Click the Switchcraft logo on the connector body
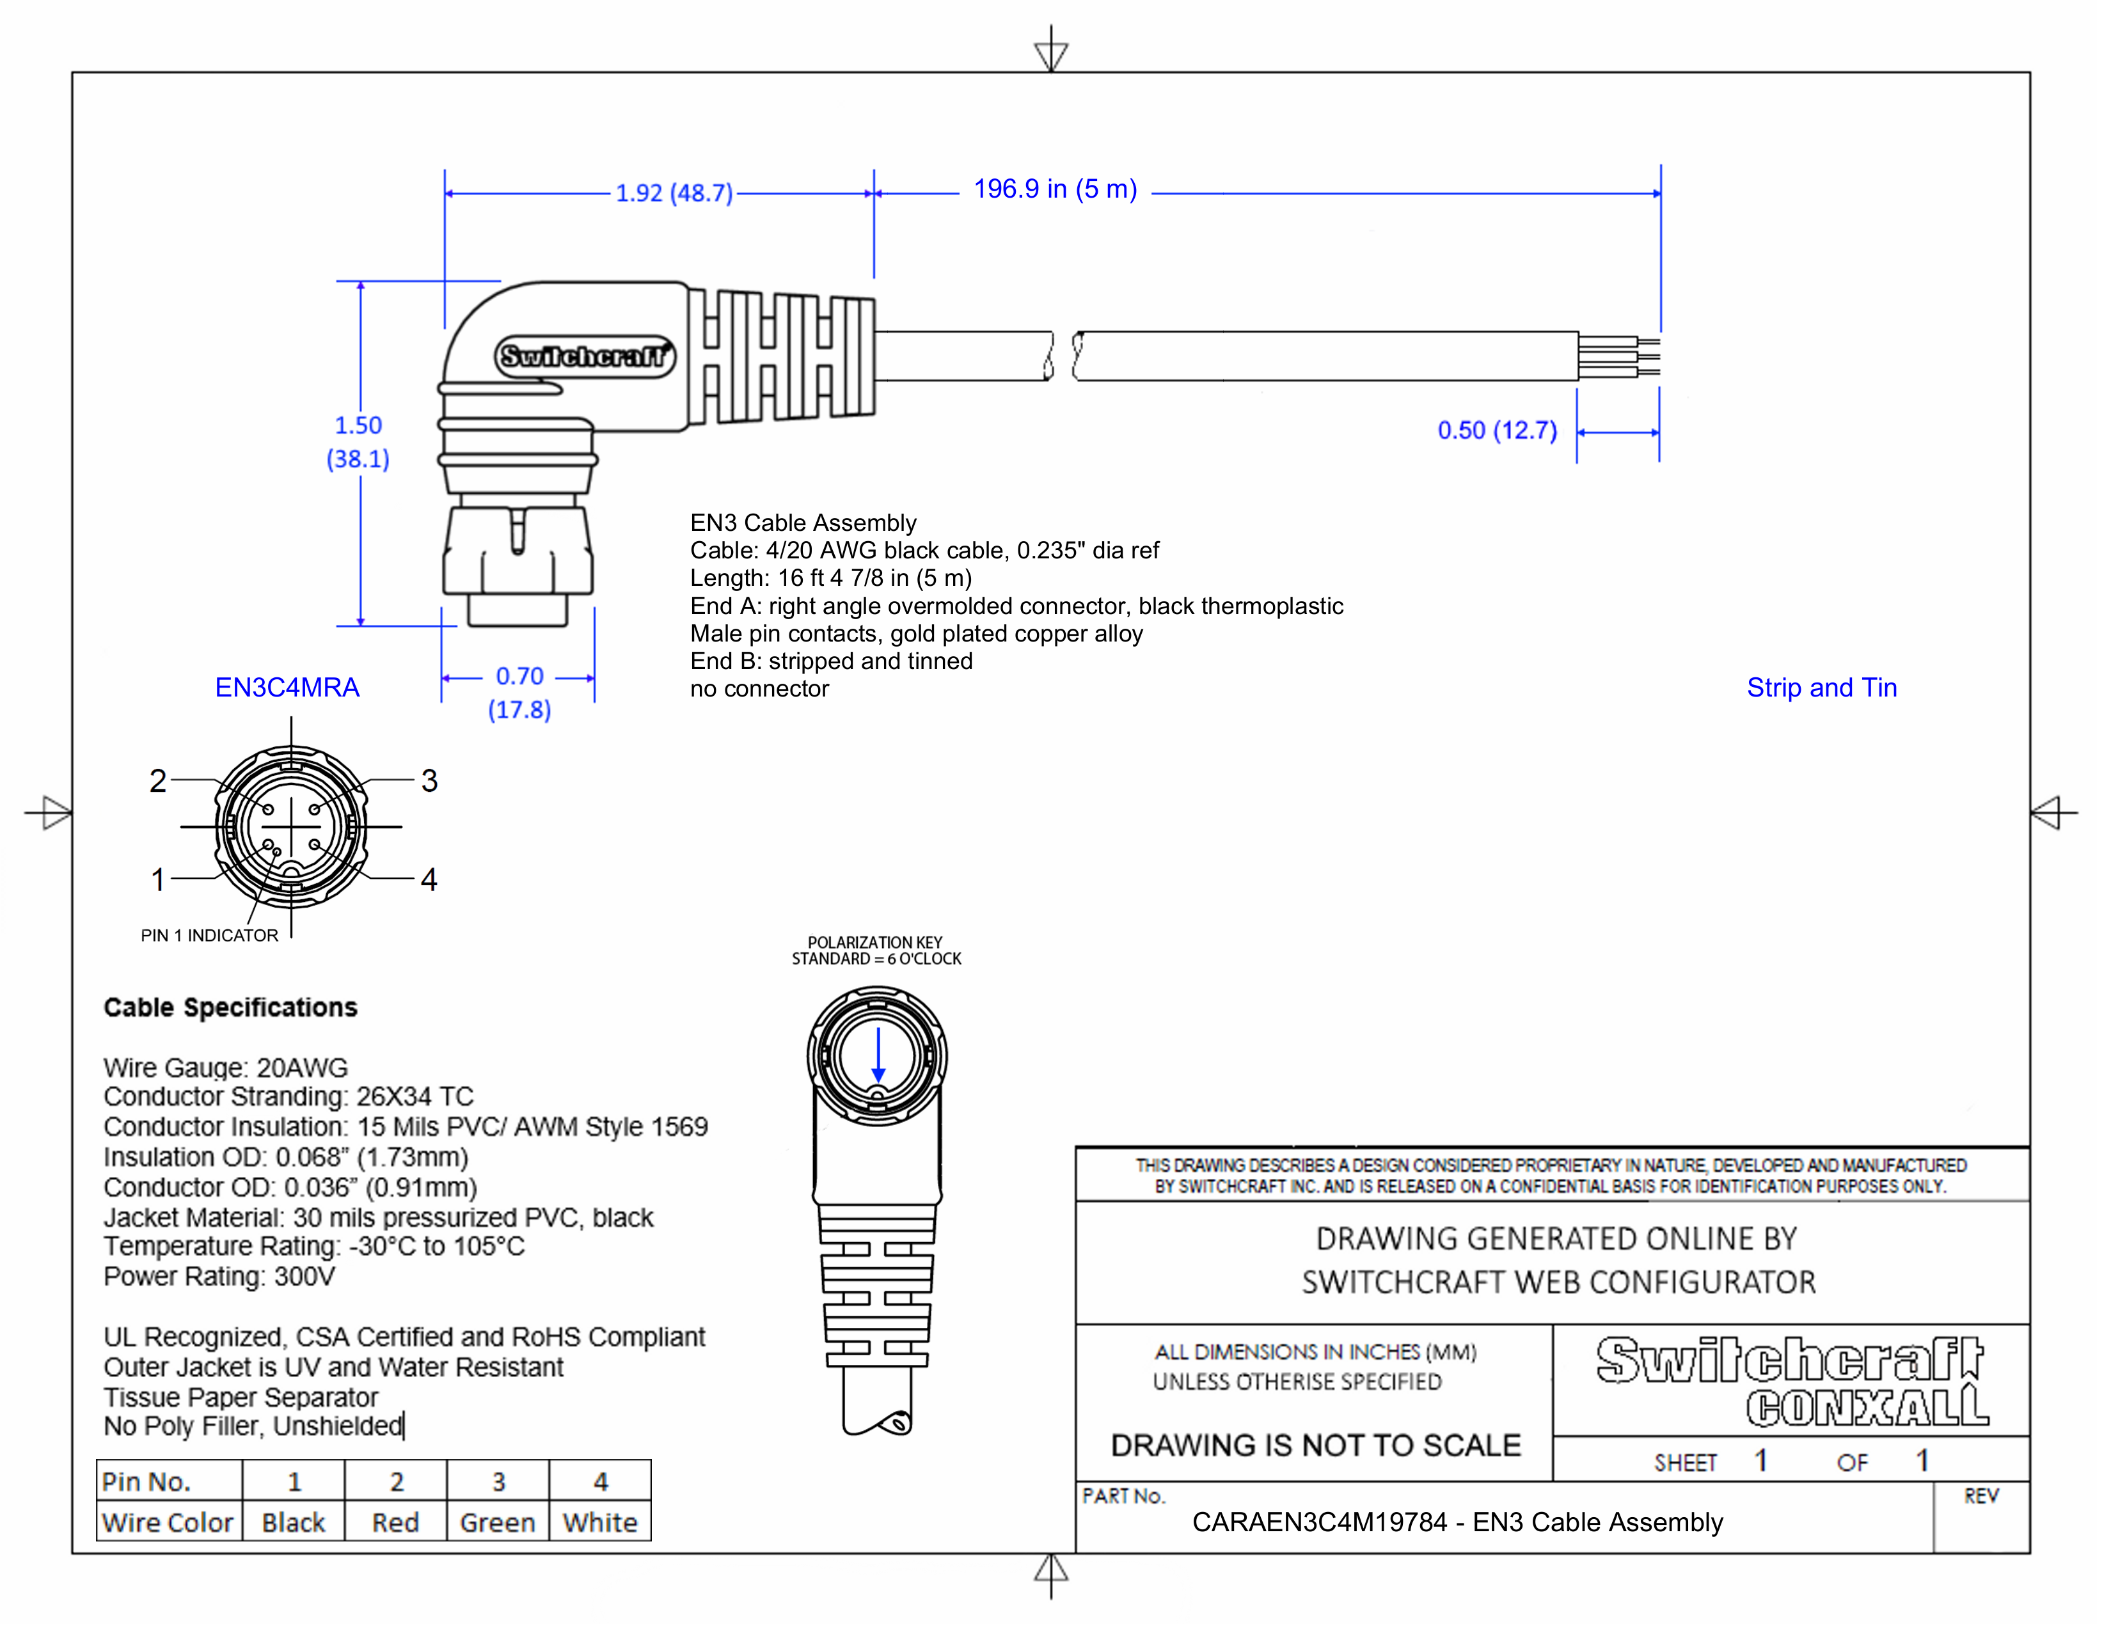point(584,356)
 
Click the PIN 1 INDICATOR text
point(209,935)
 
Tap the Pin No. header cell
point(146,1481)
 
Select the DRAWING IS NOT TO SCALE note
point(1315,1446)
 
